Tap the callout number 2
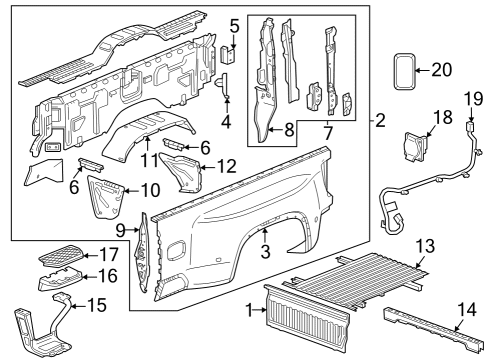pos(380,121)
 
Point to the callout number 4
pos(226,123)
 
